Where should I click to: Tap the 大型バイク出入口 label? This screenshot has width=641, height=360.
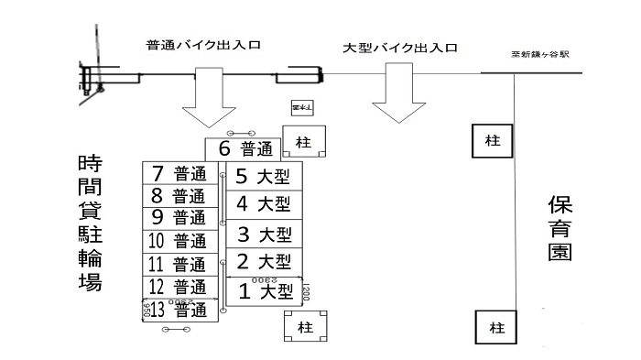pyautogui.click(x=399, y=48)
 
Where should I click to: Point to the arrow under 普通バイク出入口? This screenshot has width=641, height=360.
pyautogui.click(x=208, y=101)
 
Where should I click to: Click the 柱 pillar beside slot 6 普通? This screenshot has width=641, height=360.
pyautogui.click(x=301, y=141)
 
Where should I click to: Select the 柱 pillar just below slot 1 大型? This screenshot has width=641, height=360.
pyautogui.click(x=302, y=325)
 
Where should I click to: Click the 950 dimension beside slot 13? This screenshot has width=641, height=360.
pyautogui.click(x=147, y=311)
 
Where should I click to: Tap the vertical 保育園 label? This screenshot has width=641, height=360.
pyautogui.click(x=560, y=227)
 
